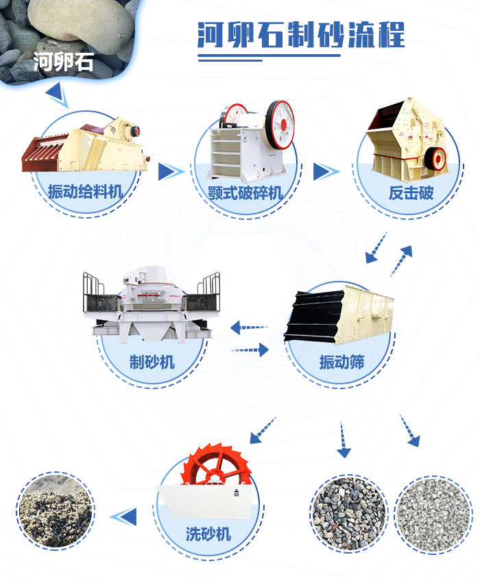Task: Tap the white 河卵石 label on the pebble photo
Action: (x=63, y=63)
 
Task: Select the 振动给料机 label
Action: (x=86, y=191)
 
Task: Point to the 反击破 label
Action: (x=411, y=192)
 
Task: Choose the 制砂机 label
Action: (x=152, y=362)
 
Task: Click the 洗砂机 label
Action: (x=208, y=534)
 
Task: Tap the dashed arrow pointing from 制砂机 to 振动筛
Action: (x=250, y=350)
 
